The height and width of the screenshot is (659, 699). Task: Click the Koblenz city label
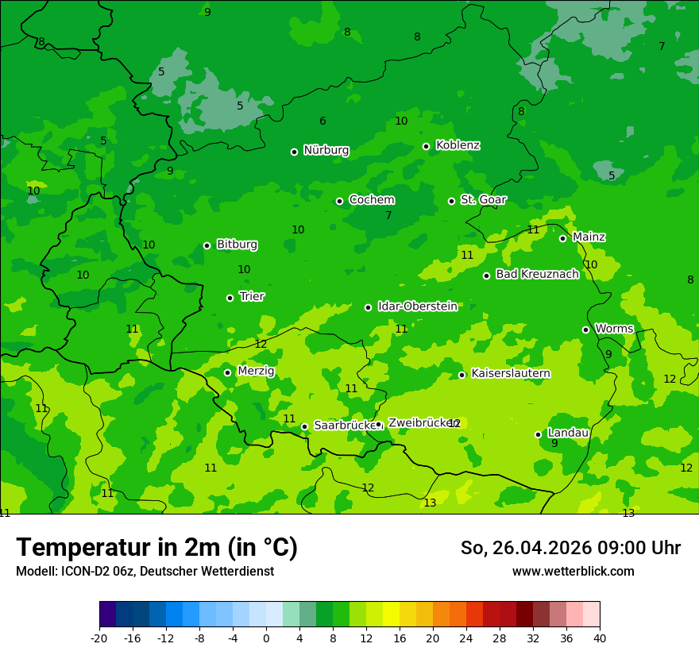(x=458, y=145)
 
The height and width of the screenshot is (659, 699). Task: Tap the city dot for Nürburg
(x=294, y=152)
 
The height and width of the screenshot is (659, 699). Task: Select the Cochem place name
(x=371, y=200)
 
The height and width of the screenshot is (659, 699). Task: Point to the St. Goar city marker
(x=451, y=201)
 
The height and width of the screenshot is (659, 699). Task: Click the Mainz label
(x=589, y=237)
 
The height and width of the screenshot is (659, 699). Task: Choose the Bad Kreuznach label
(x=537, y=274)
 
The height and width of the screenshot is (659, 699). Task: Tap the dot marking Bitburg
(x=207, y=245)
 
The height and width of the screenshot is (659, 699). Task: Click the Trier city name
(x=252, y=296)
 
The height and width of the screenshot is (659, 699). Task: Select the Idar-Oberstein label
(x=417, y=306)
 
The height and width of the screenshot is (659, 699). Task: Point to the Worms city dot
(x=585, y=329)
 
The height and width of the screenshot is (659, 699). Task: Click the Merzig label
(x=256, y=371)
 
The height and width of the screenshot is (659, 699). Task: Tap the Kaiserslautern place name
(x=511, y=373)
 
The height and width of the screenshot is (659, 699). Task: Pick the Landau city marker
(x=538, y=434)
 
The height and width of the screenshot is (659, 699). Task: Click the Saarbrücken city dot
(x=304, y=426)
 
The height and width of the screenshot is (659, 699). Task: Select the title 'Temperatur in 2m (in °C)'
(x=156, y=547)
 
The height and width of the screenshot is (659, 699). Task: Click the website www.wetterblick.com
(x=573, y=572)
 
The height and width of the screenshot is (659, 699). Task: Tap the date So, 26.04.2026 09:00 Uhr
(x=570, y=548)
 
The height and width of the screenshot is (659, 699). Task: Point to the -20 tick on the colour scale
(x=99, y=638)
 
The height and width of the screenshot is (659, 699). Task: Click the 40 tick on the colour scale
(x=600, y=638)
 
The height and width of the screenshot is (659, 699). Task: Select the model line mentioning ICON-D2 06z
(x=145, y=572)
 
